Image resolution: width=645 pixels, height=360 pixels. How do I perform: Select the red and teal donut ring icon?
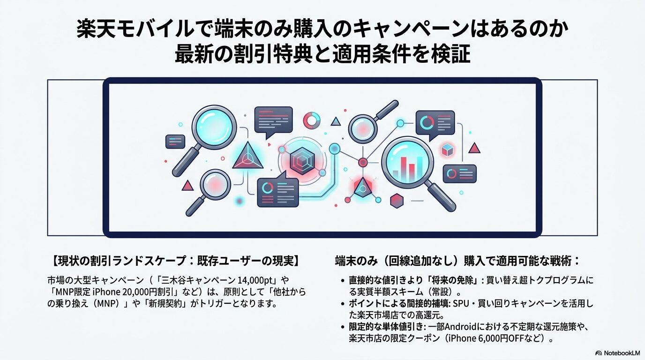coord(311,120)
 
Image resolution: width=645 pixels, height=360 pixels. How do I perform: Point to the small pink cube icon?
coord(448,150)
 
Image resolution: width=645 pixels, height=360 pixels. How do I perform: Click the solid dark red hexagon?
coord(397,200)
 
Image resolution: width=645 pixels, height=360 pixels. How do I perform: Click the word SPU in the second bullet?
coord(459,304)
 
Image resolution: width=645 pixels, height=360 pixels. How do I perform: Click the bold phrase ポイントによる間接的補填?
coord(399,304)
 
